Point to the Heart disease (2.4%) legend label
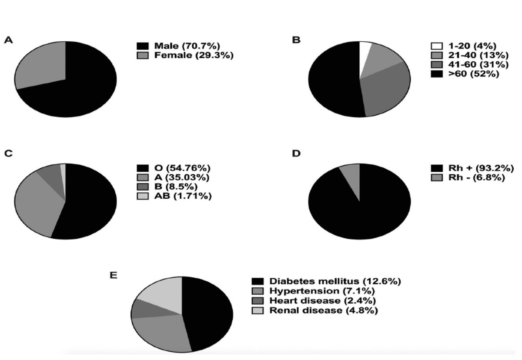[x=322, y=300]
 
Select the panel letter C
[x=8, y=153]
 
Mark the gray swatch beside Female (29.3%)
[x=142, y=55]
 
